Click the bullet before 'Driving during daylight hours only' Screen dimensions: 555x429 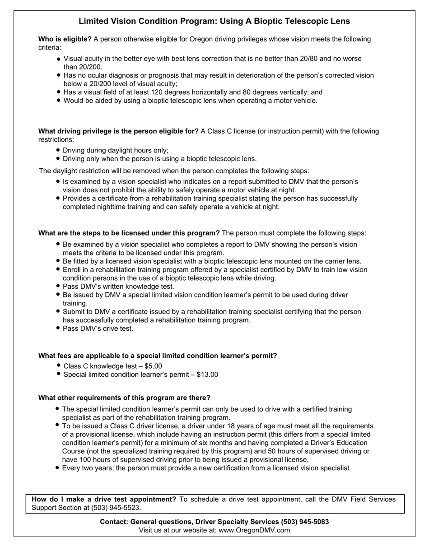click(x=59, y=150)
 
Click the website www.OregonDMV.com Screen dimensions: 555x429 click(x=254, y=530)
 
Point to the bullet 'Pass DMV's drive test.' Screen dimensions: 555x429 click(x=98, y=328)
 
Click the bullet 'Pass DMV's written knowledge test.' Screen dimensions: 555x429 click(x=118, y=287)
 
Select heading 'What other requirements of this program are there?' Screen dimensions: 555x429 click(x=124, y=398)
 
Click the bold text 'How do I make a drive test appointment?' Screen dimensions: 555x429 click(x=104, y=499)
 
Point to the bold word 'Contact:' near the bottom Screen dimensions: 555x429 click(x=114, y=522)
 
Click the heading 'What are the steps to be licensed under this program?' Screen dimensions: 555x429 click(x=129, y=233)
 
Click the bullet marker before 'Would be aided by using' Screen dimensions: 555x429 click(x=59, y=101)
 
